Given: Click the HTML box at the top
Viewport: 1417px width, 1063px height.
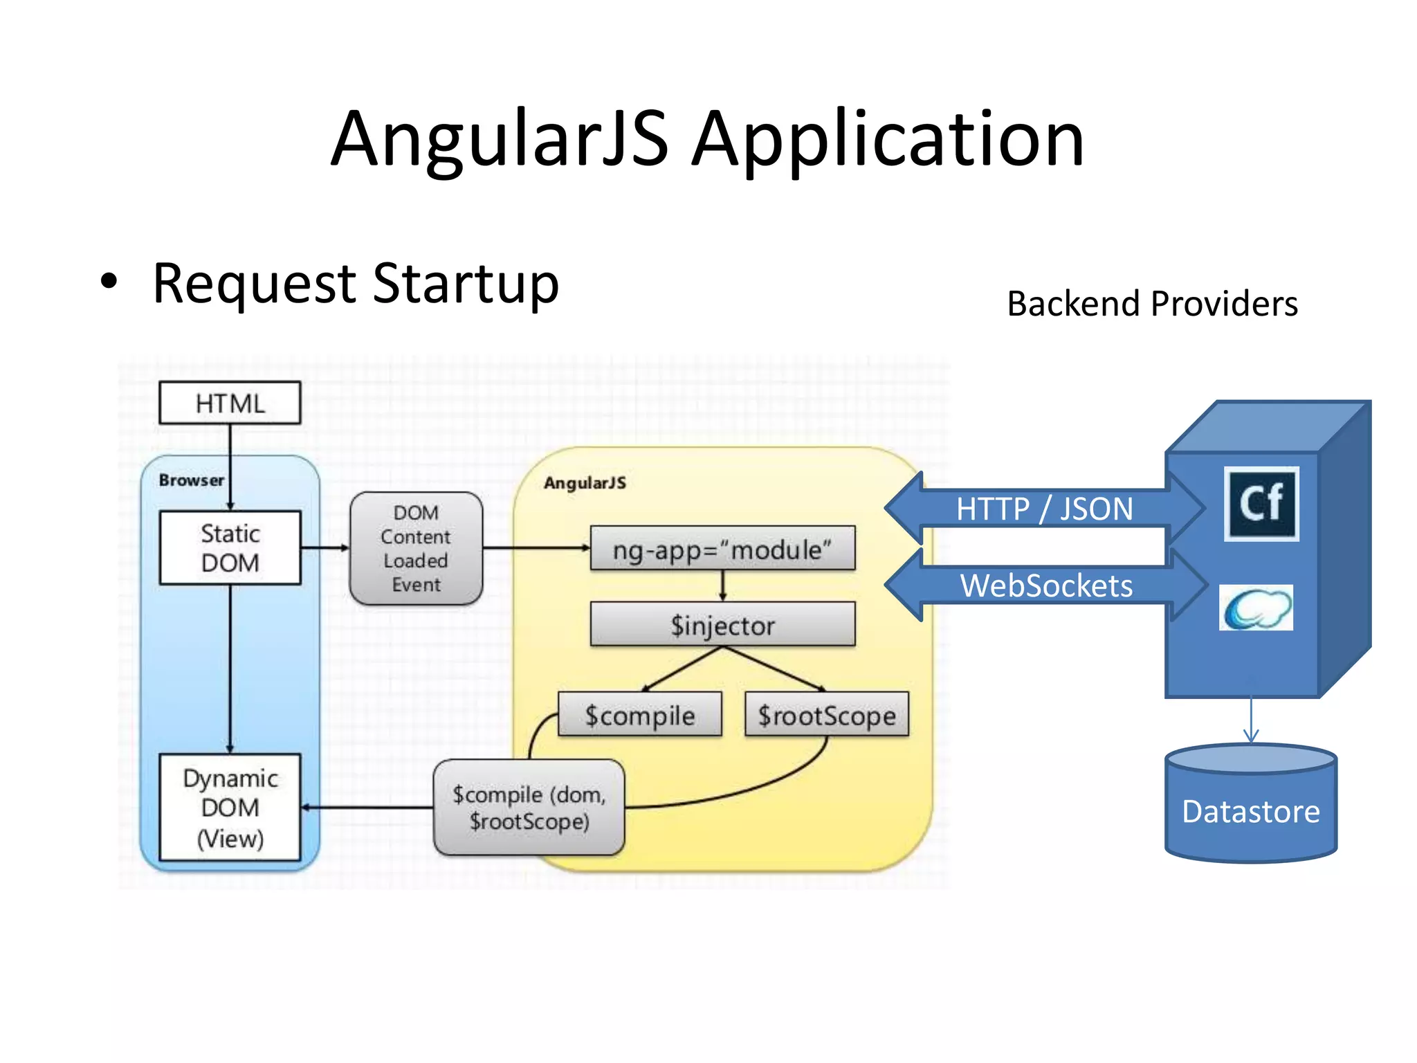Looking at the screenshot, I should click(230, 403).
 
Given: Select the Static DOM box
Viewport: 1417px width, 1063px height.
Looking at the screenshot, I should click(230, 548).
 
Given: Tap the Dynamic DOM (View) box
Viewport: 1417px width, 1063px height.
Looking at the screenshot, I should click(230, 808).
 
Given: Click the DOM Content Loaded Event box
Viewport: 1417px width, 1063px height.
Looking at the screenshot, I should click(416, 549).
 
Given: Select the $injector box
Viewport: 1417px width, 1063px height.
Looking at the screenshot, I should click(722, 625).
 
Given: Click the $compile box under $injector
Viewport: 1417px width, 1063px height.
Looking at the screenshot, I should click(640, 715).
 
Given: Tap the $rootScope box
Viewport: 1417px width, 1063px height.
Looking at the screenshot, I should click(827, 715).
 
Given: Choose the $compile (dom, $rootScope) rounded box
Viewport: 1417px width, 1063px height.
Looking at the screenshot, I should click(529, 808).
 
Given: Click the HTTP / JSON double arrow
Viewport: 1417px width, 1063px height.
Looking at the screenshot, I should click(1044, 509).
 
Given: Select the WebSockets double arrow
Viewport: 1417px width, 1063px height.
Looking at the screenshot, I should click(1045, 585).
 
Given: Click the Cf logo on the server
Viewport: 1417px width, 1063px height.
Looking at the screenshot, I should click(1261, 503).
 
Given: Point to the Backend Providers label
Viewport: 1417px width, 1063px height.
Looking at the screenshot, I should click(1152, 304).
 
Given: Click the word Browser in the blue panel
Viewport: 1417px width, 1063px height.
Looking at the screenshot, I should click(192, 480).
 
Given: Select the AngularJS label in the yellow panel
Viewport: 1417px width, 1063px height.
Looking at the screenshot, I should click(585, 483).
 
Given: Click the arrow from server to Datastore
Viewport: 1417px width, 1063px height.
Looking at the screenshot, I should click(1251, 720).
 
